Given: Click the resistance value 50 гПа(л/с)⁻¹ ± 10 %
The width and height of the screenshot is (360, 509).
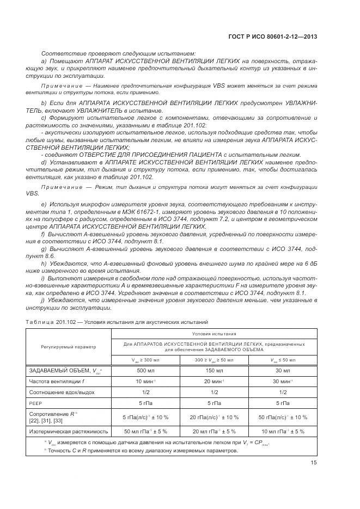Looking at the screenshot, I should (283, 417).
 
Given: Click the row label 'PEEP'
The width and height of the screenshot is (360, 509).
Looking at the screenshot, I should (35, 403).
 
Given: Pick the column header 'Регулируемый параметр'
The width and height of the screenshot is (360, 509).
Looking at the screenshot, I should (68, 346).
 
